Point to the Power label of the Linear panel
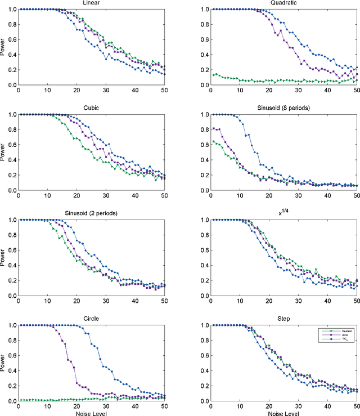4,47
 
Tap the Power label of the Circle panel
4,363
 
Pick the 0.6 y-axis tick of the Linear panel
11,39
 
